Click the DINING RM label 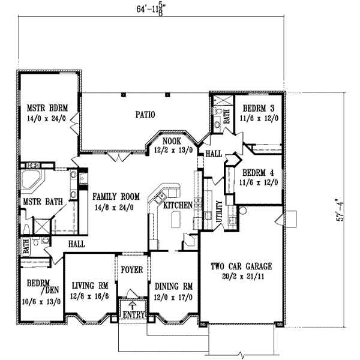click(173, 286)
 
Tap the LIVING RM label click(89, 286)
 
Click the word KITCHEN click(178, 205)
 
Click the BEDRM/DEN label click(38, 287)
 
